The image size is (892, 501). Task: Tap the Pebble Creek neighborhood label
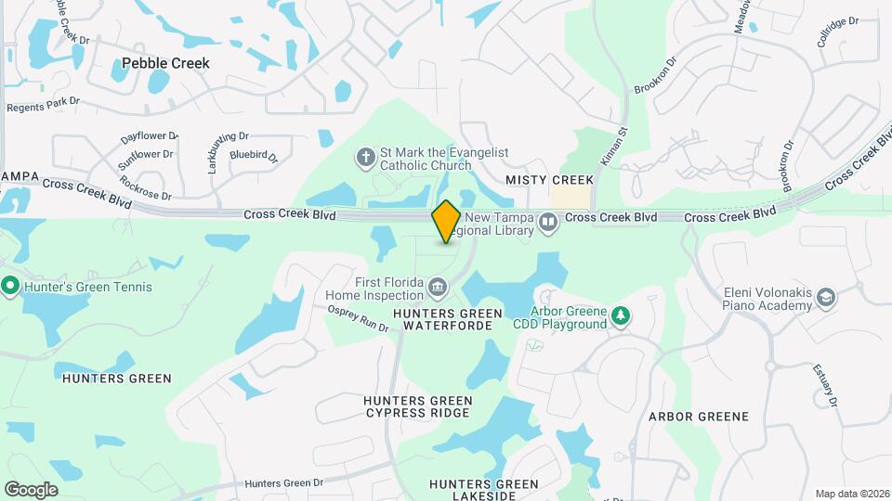[x=165, y=63]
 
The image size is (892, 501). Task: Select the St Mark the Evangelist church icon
[x=366, y=158]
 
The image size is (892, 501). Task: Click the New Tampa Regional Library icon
[x=549, y=223]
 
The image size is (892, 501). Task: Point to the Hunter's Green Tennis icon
[x=10, y=286]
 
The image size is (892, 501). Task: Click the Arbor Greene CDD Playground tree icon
[x=620, y=317]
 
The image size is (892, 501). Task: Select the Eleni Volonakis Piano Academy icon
[x=825, y=298]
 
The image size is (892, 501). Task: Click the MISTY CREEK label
[x=549, y=179]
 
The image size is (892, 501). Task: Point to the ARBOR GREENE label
[x=698, y=417]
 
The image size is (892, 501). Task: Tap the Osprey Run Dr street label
[x=358, y=321]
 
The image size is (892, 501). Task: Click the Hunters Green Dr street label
[x=284, y=483]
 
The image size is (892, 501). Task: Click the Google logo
[x=31, y=489]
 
